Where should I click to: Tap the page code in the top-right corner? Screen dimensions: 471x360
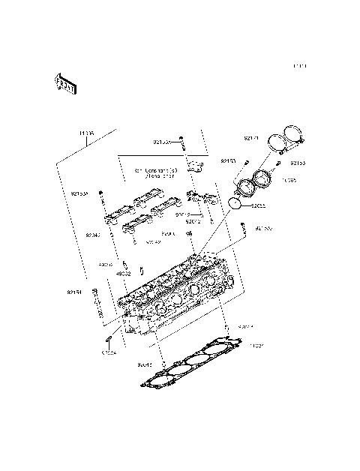(x=300, y=67)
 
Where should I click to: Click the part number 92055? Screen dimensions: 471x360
(x=259, y=205)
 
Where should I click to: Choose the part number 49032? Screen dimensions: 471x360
(x=124, y=274)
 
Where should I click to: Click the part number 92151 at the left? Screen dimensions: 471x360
(x=73, y=292)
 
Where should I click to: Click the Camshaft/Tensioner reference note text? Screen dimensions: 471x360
(x=156, y=173)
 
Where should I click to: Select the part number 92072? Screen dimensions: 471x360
(x=194, y=221)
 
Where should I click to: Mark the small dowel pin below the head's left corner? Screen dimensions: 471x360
(x=109, y=341)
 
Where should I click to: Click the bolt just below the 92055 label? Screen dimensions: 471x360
(x=244, y=229)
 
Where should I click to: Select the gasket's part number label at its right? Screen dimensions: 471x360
(x=257, y=346)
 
